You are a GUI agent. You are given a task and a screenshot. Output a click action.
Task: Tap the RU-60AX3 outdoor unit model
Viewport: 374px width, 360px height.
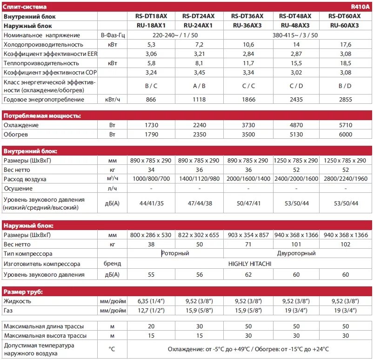(345, 25)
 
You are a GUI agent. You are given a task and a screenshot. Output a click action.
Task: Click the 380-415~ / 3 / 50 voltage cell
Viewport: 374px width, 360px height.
(296, 35)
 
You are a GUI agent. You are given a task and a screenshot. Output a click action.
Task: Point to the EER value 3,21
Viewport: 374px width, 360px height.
(199, 54)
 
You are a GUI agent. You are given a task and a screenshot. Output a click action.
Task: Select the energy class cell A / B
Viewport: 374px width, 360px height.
(199, 86)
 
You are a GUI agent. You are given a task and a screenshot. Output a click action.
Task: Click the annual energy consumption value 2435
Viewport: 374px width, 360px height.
(296, 100)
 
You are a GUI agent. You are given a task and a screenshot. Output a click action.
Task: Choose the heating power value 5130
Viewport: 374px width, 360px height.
(296, 135)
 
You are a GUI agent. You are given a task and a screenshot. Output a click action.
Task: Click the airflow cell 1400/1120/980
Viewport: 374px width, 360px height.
(199, 179)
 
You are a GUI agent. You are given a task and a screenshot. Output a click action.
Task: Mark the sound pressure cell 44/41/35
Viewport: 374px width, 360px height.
(151, 203)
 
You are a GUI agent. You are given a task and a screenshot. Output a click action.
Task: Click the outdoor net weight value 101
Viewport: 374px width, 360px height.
(296, 245)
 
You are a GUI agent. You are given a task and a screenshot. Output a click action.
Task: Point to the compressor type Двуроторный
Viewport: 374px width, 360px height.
(296, 254)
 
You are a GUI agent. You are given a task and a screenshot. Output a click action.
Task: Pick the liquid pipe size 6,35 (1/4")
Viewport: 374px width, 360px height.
(151, 301)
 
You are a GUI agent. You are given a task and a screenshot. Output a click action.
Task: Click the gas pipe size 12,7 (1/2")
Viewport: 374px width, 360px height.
(151, 310)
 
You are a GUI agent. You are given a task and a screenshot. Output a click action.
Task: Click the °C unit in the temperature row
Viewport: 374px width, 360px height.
(112, 349)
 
